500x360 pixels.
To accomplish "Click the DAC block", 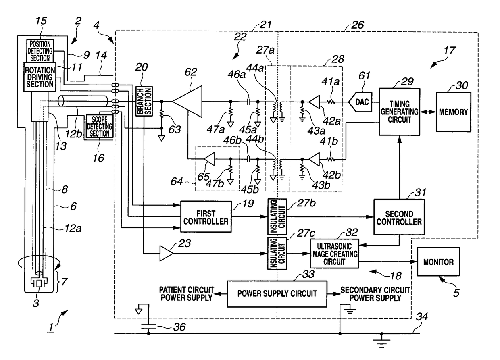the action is (x=360, y=102).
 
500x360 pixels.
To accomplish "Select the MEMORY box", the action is (x=454, y=112).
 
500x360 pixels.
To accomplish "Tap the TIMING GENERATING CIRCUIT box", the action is (x=400, y=112).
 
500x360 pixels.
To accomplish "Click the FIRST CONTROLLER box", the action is (x=206, y=217).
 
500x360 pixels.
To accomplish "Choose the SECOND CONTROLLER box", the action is (x=399, y=217).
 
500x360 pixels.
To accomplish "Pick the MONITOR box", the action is (x=438, y=262).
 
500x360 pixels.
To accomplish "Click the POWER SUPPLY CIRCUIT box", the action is (x=277, y=294).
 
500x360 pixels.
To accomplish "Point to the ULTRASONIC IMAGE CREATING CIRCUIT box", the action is (x=334, y=254).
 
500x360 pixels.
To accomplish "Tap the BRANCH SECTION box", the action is (x=144, y=101).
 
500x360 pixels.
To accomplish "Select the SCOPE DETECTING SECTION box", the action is (x=100, y=126).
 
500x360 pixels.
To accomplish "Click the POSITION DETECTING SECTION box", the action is (x=40, y=51).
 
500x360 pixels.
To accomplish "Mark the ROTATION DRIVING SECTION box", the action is (x=40, y=77).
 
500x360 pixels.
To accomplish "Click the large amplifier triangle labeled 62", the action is (x=187, y=102).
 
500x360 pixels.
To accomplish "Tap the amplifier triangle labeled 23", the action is (x=166, y=253).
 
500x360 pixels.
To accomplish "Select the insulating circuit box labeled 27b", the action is (x=277, y=217).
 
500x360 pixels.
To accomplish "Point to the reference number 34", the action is (x=422, y=316).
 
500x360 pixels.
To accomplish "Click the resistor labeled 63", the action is (x=162, y=114).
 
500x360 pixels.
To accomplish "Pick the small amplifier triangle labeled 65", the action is (x=210, y=159).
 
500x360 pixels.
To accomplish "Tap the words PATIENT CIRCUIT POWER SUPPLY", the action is (x=186, y=294).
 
